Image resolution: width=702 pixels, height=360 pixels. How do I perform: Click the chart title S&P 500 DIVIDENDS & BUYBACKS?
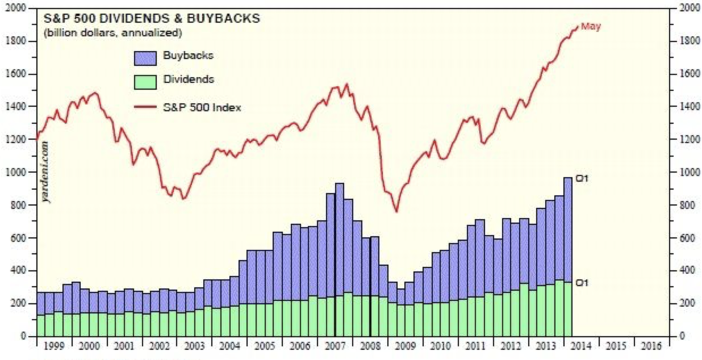(152, 19)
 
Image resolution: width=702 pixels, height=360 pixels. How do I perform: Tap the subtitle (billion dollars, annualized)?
(112, 33)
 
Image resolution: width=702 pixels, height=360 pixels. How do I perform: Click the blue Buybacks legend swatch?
(144, 56)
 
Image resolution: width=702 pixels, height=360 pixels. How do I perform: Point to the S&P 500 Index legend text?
(202, 107)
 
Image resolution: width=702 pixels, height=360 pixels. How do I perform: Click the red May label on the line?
(591, 26)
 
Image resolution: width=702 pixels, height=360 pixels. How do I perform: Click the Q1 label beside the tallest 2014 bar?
(581, 179)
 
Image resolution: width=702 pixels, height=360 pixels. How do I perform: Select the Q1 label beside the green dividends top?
(581, 282)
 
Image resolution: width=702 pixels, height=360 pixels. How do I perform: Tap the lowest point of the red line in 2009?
(396, 212)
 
